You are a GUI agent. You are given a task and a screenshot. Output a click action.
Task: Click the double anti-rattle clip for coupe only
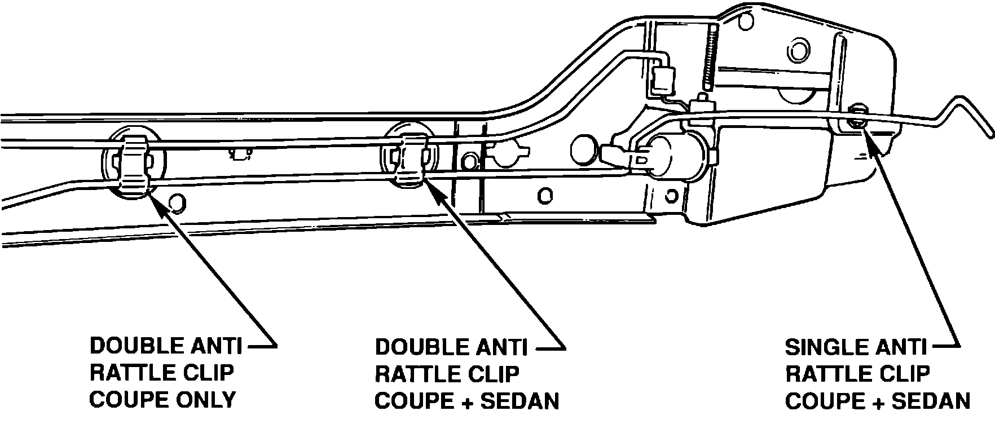(x=134, y=164)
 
